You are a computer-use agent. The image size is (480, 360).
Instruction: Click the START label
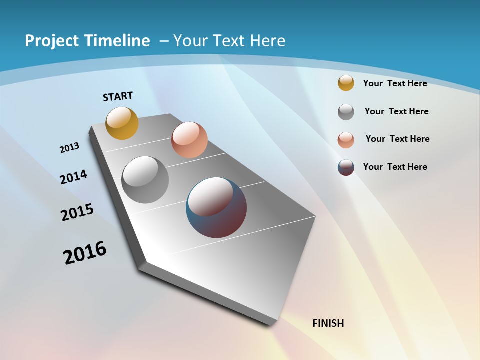[x=118, y=96]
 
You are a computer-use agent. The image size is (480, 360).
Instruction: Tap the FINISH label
[x=328, y=323]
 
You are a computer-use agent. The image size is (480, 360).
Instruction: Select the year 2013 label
[x=69, y=148]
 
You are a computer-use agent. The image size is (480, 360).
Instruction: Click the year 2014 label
[x=73, y=177]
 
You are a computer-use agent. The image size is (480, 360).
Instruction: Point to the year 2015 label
[x=77, y=213]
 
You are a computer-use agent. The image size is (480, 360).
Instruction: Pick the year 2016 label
[x=85, y=253]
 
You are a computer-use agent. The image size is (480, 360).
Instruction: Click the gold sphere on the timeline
[x=122, y=123]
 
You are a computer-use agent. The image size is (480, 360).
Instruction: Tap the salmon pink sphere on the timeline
[x=189, y=140]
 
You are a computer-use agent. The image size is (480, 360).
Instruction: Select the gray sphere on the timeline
[x=145, y=180]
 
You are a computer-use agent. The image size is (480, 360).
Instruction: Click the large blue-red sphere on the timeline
[x=216, y=207]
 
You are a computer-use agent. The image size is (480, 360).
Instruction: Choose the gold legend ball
[x=346, y=83]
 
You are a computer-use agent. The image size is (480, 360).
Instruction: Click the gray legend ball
[x=346, y=112]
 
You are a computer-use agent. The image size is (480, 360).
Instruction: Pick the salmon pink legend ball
[x=346, y=139]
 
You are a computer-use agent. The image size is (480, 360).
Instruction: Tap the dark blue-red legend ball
[x=346, y=167]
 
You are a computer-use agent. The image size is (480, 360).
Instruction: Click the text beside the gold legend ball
[x=395, y=83]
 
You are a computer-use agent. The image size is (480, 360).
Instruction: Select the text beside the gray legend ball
[x=396, y=111]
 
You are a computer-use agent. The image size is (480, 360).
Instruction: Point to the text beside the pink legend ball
[x=397, y=139]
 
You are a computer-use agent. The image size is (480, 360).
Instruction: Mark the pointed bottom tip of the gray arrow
[x=272, y=325]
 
